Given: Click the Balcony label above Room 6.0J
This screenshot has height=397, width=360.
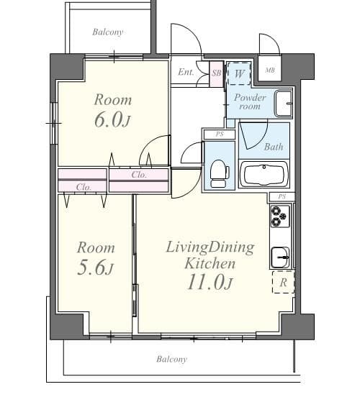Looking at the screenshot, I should tap(107, 32).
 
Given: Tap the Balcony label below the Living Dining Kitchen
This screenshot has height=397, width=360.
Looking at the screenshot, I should tap(171, 359).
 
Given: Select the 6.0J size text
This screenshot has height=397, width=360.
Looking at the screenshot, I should tap(112, 119).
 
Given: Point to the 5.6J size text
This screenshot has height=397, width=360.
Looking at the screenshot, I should tap(96, 268).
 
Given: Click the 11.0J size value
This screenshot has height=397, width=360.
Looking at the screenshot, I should tap(210, 282).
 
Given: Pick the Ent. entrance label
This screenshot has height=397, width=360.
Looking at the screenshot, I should tap(185, 71).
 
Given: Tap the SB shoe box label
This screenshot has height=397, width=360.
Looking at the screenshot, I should tap(217, 71).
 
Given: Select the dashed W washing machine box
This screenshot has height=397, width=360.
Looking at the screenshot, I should tap(237, 73).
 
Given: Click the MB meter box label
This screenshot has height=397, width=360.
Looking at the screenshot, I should tap(270, 70).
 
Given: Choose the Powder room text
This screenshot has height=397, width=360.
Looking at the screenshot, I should tap(249, 101).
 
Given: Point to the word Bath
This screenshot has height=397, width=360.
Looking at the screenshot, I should tap(274, 147).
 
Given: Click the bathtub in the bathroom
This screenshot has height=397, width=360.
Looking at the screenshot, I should tap(264, 173).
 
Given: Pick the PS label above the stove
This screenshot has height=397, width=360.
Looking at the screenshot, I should tap(282, 196).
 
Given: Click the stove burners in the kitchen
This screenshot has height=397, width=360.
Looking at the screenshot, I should tap(280, 214).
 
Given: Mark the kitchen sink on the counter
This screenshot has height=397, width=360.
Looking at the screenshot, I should tap(281, 255).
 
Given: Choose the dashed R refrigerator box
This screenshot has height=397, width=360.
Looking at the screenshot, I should tap(283, 282).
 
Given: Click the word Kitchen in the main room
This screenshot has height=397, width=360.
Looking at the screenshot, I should tap(210, 263).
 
